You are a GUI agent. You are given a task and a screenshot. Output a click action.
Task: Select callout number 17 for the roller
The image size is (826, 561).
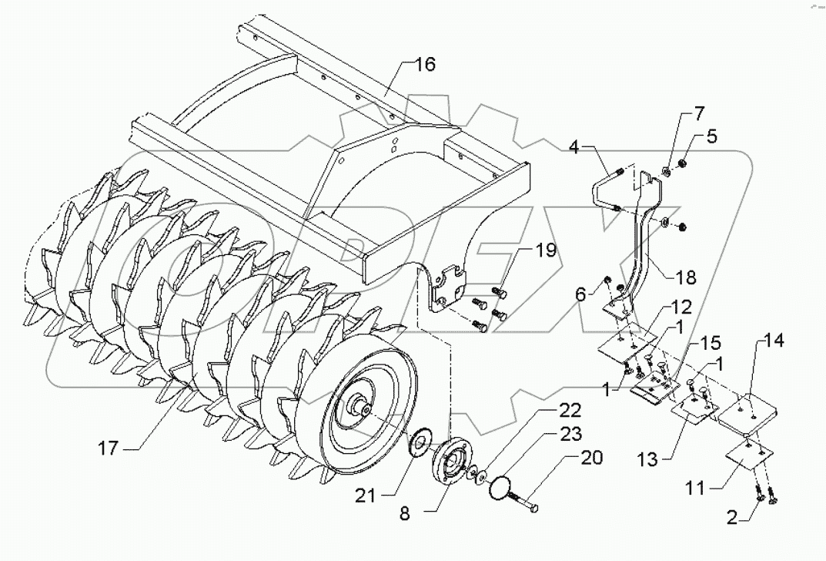coord(109,445)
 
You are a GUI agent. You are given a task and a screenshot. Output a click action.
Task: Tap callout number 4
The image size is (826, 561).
coord(577,146)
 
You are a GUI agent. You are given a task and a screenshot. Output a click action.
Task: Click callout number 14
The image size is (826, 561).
coord(774,341)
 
